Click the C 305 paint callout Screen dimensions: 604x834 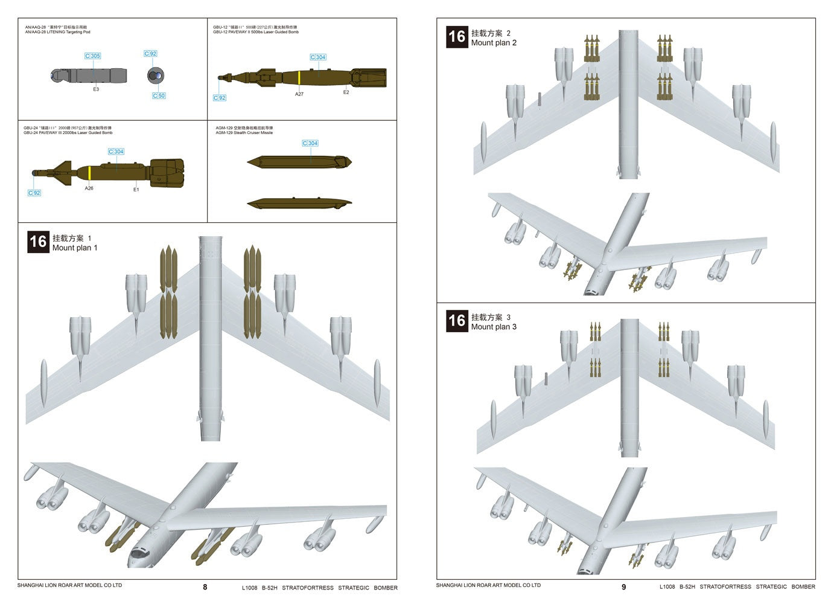92,56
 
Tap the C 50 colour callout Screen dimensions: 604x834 159,96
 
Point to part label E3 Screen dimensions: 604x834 96,89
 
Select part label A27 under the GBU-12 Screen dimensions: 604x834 299,94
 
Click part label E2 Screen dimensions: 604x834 346,92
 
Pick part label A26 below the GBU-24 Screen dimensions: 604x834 89,188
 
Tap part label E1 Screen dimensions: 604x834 136,190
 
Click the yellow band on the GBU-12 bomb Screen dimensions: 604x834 299,77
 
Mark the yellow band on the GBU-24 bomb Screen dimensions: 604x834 89,173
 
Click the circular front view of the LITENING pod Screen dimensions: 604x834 156,75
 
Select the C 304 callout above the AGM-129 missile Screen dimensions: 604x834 310,144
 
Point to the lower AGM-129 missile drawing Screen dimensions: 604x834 299,203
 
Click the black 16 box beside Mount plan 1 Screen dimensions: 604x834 38,242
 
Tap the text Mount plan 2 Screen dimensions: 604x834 494,43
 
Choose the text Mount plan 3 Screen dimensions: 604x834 494,327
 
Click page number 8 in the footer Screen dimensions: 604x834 205,587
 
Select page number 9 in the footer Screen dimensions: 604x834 624,587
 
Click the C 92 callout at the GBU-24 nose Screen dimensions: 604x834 34,193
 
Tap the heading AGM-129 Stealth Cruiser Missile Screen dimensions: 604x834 244,133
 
